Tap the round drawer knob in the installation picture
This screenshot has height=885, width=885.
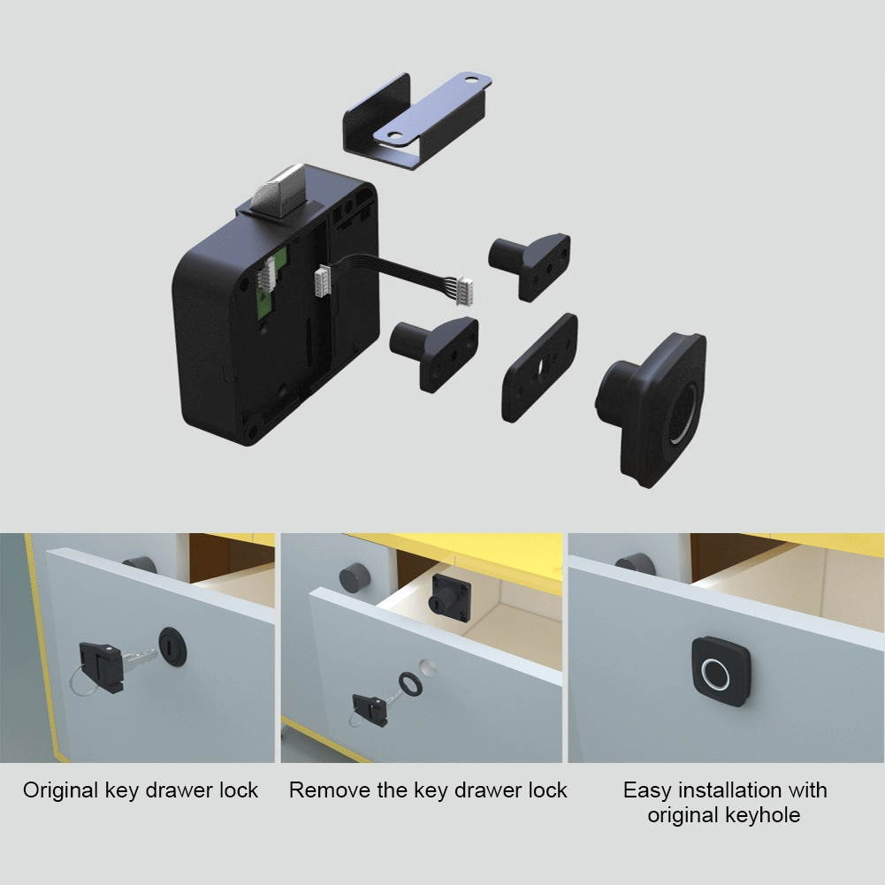coord(635,564)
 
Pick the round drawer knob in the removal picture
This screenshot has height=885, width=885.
coord(353,579)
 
